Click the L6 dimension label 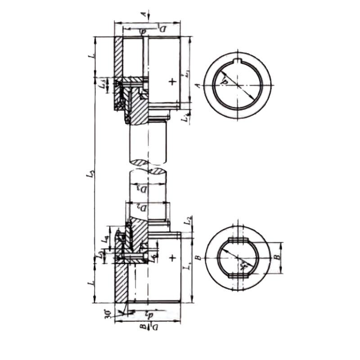tap(153, 257)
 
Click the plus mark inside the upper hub tap(171, 81)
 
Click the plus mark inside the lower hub tap(171, 258)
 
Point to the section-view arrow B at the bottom tap(143, 329)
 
